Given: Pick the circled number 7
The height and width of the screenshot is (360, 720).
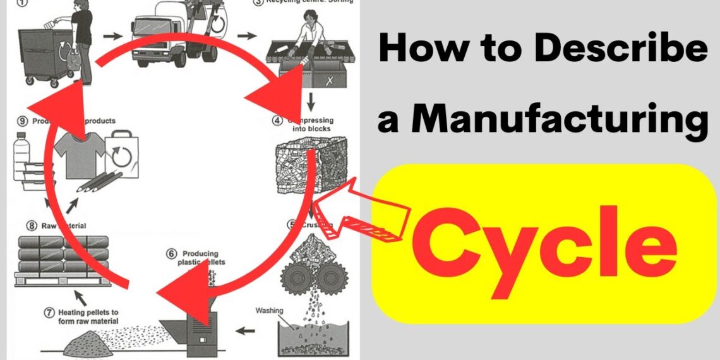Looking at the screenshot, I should [x=48, y=312].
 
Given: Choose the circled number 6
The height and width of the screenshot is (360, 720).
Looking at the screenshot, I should [x=171, y=253].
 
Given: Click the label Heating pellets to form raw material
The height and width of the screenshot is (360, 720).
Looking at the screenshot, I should [x=88, y=316].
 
